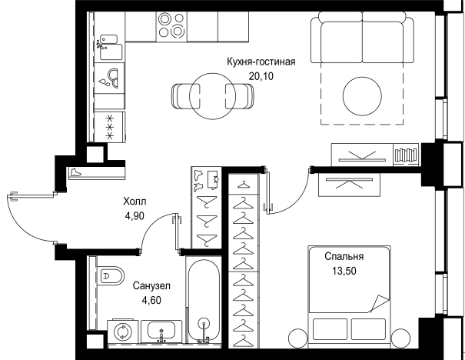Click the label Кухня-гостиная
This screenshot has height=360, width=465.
click(261, 62)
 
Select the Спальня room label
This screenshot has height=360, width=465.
click(344, 258)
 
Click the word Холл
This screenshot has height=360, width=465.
click(134, 202)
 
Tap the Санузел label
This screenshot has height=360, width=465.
click(151, 285)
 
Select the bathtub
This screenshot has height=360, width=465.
click(204, 301)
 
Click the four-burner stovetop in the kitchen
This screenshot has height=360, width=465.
click(170, 27)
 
